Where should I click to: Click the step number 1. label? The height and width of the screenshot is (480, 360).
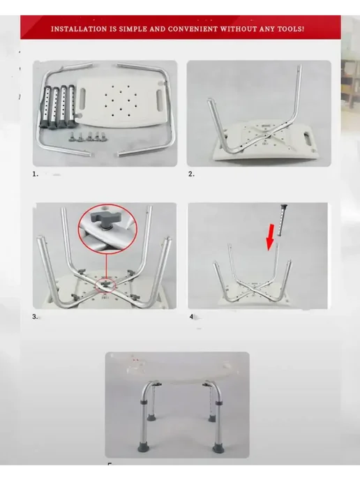(36, 174)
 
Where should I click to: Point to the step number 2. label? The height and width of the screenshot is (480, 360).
(191, 174)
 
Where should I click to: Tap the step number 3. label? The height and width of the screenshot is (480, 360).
(35, 317)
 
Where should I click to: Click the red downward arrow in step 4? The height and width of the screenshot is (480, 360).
(270, 237)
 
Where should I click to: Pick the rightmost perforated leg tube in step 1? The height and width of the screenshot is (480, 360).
(72, 106)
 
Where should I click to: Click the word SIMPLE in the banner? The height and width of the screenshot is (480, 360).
(132, 29)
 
